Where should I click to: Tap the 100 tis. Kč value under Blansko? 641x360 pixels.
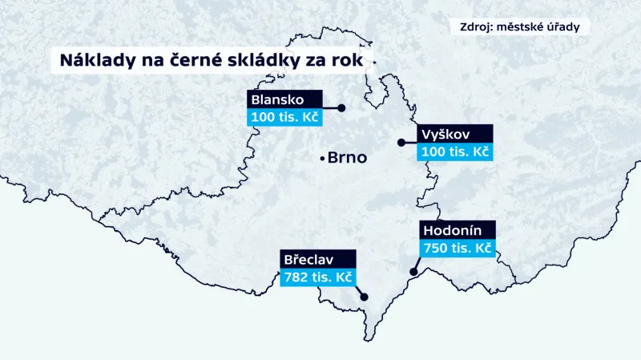284,118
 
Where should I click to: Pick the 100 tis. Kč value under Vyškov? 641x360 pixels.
454,152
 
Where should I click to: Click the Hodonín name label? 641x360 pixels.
452,230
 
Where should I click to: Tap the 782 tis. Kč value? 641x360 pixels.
318,277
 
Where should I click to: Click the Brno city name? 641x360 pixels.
347,158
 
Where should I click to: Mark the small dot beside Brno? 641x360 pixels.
322,157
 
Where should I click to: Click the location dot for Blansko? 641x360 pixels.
341,107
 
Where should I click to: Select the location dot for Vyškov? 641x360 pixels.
401,143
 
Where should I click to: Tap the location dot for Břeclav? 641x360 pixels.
365,297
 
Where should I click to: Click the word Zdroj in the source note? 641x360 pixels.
478,26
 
